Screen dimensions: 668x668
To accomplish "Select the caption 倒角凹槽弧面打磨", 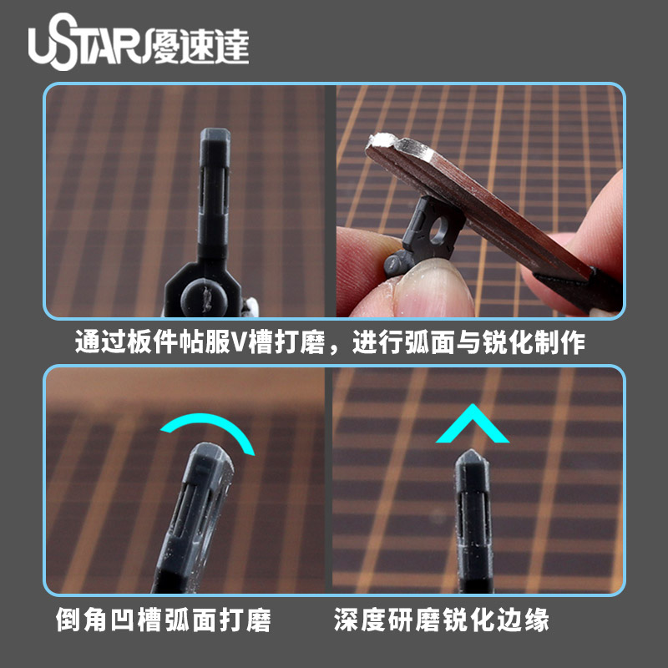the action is pos(163,620).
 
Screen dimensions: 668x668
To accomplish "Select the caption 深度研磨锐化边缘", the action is pos(442,620).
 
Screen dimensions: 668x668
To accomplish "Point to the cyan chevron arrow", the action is pos(473,423).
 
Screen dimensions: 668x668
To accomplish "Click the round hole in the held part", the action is pos(438,230).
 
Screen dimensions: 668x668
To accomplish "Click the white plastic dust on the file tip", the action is pos(383,139).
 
